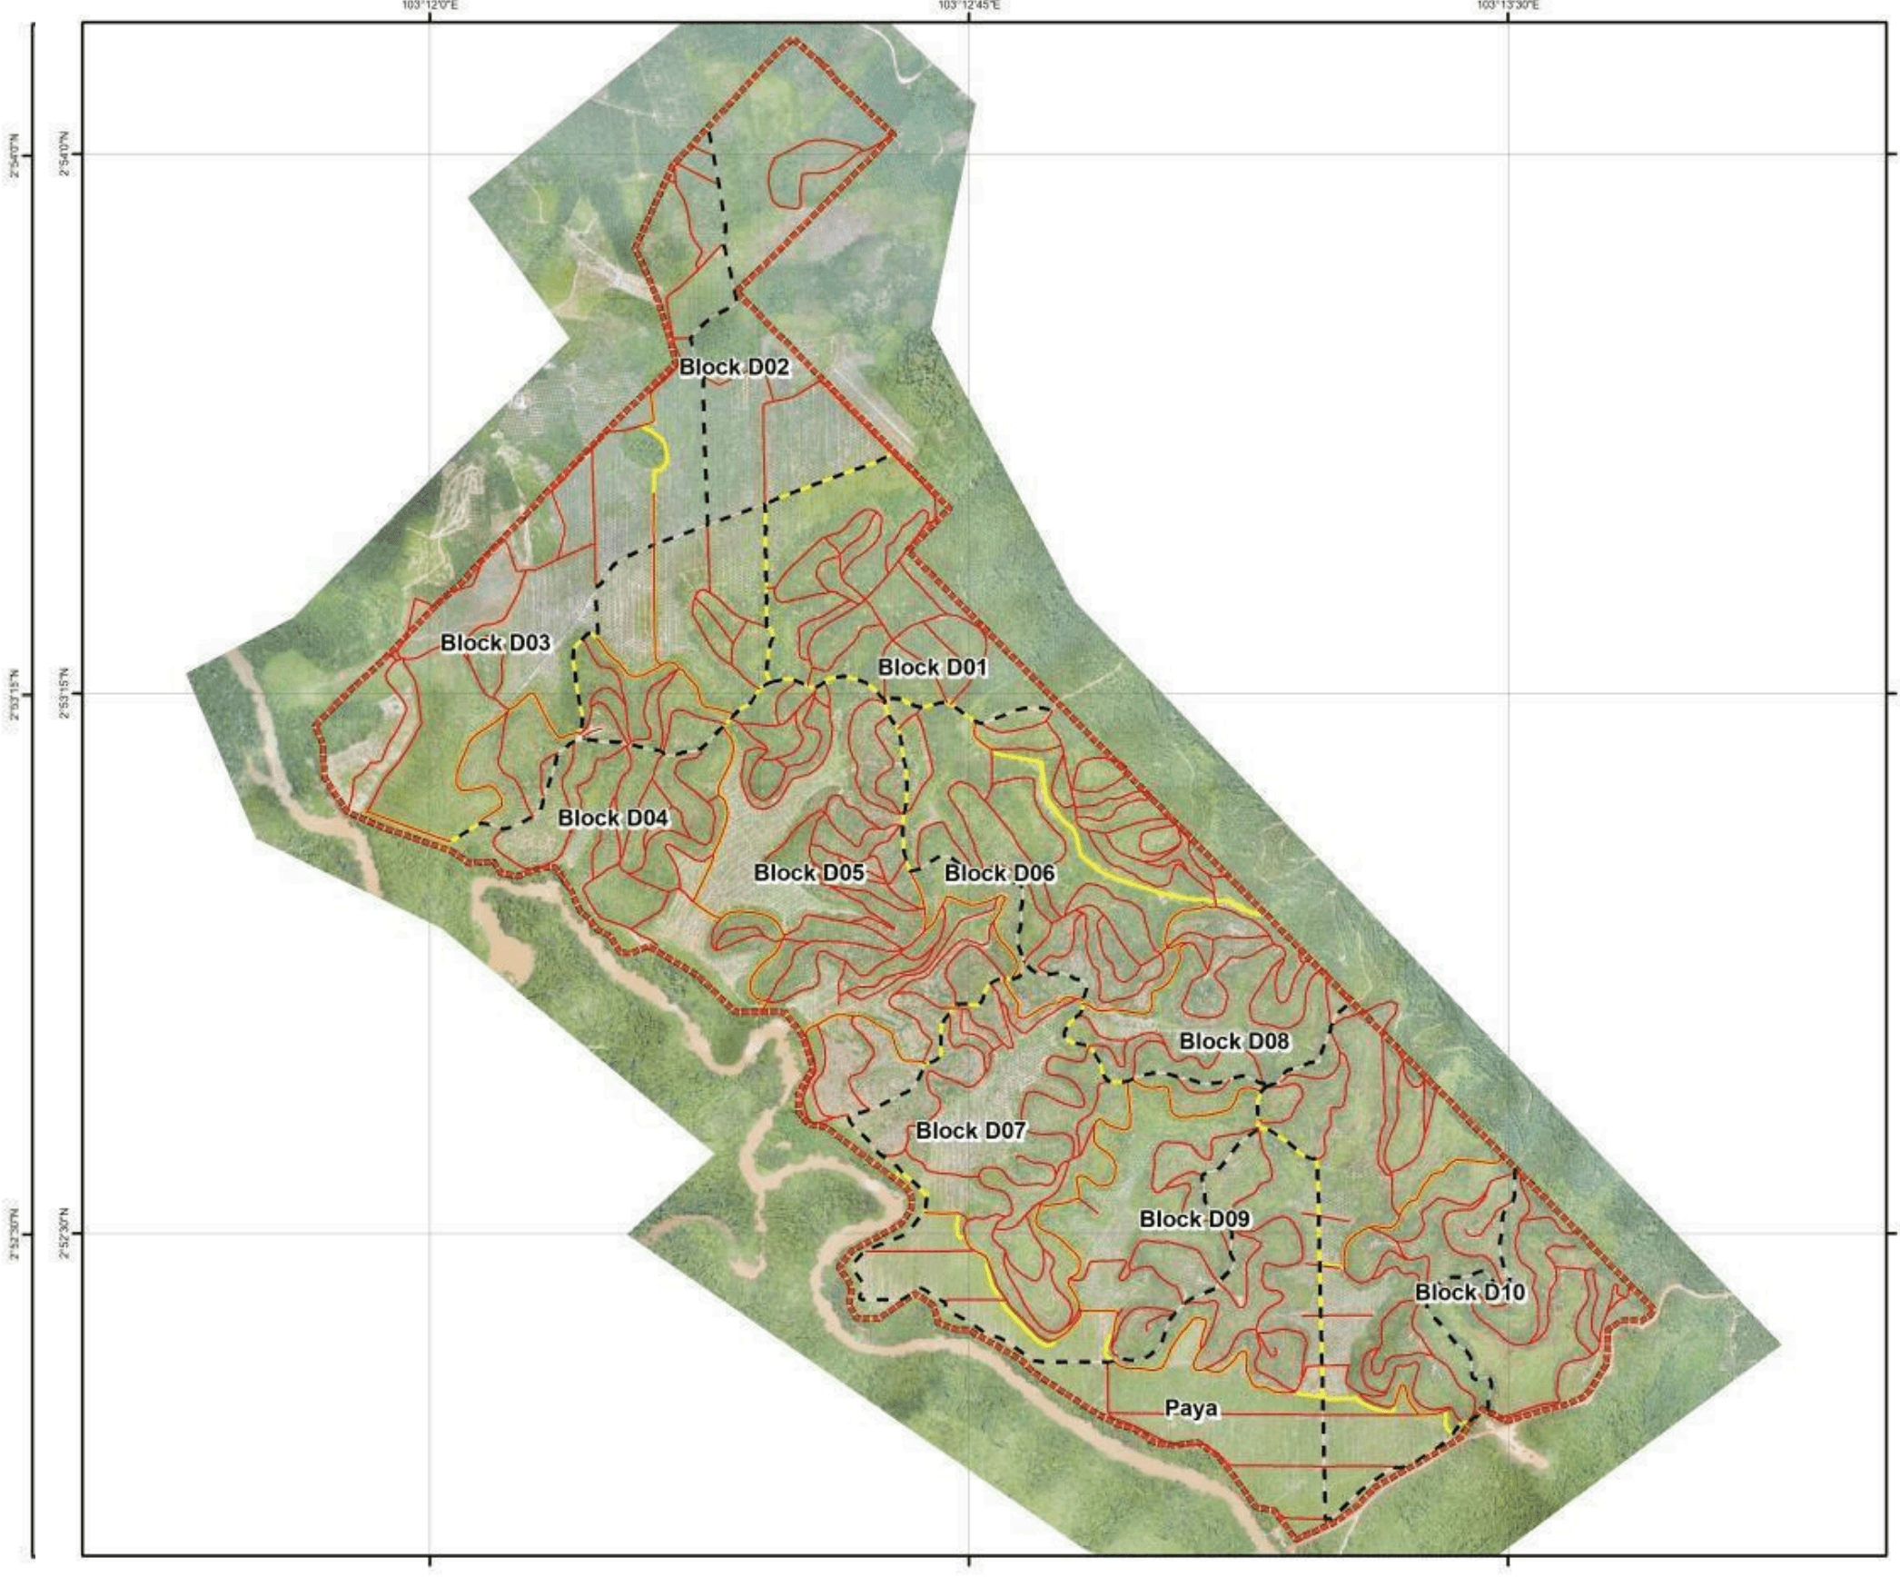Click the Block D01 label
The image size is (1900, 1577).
[932, 668]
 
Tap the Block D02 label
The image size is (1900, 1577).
[734, 368]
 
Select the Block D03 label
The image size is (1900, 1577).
[495, 643]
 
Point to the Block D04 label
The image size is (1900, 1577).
[613, 818]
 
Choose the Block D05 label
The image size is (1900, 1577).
[809, 873]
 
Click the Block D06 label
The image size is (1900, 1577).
[999, 874]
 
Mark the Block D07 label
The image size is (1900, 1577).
[970, 1131]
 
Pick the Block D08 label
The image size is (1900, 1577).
[1233, 1041]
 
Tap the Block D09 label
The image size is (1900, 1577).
[1194, 1219]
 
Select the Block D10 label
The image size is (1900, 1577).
[1470, 1292]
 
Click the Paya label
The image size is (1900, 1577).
[1191, 1409]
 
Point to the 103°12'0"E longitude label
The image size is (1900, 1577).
[429, 5]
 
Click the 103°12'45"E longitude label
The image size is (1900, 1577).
[969, 5]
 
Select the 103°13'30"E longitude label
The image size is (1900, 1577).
[1508, 5]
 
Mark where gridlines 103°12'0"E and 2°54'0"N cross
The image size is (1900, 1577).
[429, 154]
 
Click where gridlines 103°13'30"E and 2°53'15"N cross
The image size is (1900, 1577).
[1509, 695]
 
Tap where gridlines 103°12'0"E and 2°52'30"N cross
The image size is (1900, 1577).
[429, 1234]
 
